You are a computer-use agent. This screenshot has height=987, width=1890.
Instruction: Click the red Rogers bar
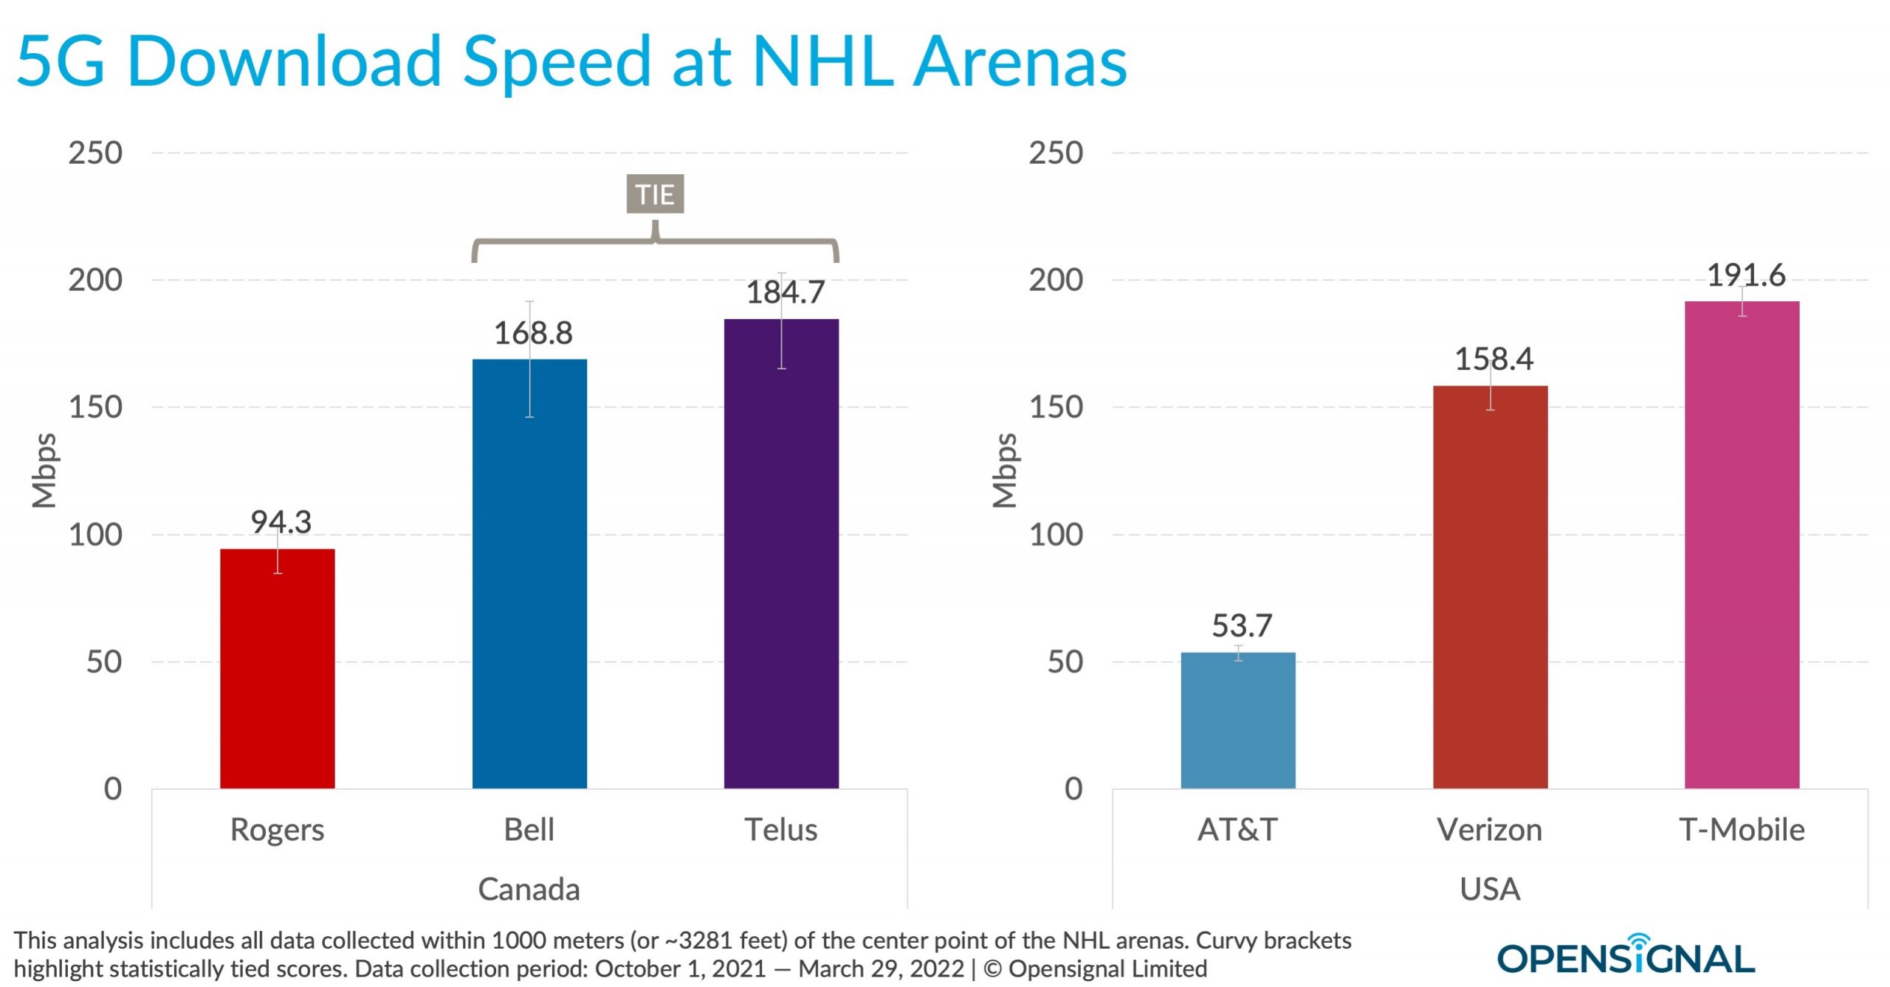coord(277,668)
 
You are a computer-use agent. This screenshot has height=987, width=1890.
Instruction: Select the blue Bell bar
coord(529,574)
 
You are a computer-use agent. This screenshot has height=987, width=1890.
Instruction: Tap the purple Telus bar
coord(781,554)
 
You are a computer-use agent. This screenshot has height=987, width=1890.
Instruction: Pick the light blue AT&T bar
coord(1238,720)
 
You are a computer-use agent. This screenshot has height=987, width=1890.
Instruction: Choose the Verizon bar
coord(1490,587)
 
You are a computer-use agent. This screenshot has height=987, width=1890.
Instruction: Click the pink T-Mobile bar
coord(1742,545)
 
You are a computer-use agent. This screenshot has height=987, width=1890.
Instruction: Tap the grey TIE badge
coord(655,194)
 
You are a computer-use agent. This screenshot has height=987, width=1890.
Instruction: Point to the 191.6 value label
coord(1746,275)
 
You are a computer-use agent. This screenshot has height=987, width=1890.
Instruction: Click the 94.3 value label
coord(281,522)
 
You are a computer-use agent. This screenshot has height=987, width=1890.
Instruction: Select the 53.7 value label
coord(1242,626)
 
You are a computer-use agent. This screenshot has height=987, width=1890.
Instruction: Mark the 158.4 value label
coord(1494,360)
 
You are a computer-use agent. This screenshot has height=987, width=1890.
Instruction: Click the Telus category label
coord(780,830)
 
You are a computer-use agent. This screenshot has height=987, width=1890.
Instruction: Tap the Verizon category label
coord(1489,830)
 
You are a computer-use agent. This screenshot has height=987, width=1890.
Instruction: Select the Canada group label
coord(529,889)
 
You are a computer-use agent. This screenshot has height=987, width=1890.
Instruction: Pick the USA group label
coord(1490,889)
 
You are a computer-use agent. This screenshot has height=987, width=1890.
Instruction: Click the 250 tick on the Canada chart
coord(95,153)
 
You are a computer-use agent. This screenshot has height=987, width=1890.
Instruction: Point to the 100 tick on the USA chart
coord(1056,534)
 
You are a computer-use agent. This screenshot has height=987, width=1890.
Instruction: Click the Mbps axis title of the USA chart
coord(1004,470)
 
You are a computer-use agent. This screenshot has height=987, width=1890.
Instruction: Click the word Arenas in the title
coord(1020,61)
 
